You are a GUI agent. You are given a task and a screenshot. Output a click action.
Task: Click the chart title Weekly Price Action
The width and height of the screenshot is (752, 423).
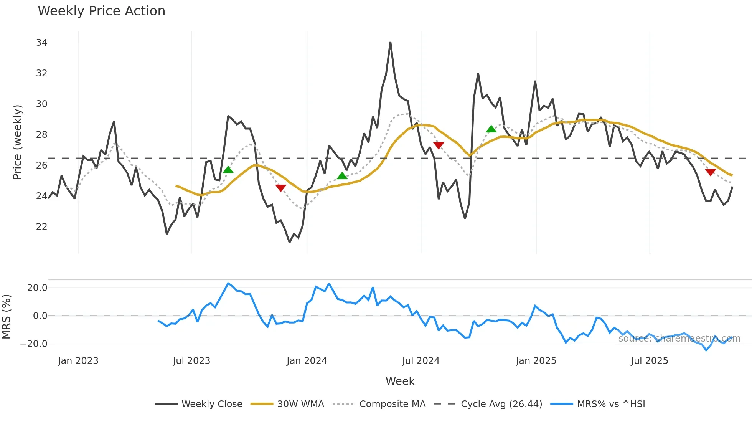[x=101, y=11]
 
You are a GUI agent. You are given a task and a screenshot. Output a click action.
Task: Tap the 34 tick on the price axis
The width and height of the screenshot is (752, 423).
[x=41, y=43]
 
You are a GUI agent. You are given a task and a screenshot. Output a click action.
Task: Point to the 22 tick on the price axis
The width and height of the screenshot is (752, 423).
[x=41, y=227]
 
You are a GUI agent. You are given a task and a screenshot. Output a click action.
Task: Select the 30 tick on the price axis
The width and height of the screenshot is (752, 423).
[x=41, y=104]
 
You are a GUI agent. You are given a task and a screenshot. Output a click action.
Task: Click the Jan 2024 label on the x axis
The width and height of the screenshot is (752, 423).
[x=307, y=361]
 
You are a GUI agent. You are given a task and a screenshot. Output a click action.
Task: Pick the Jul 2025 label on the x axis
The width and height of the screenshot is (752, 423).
[x=649, y=361]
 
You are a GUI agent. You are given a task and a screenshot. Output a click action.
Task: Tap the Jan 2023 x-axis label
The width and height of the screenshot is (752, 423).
[x=78, y=361]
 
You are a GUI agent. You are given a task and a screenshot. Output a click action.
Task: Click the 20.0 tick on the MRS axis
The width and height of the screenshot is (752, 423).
[x=37, y=288]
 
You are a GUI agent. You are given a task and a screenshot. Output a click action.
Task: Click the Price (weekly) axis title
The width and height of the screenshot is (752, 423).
[x=17, y=142]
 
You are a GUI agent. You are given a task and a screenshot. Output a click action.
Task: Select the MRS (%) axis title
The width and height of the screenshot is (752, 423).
[x=6, y=317]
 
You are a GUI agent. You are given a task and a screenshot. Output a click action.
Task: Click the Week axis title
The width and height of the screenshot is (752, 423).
[x=400, y=381]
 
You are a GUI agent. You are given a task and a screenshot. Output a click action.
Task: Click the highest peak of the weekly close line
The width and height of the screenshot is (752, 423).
[x=390, y=43]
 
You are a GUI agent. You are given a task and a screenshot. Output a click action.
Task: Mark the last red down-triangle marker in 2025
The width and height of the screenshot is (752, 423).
[x=711, y=172]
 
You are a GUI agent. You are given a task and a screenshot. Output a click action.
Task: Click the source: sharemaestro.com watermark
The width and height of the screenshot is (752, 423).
[x=679, y=339]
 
